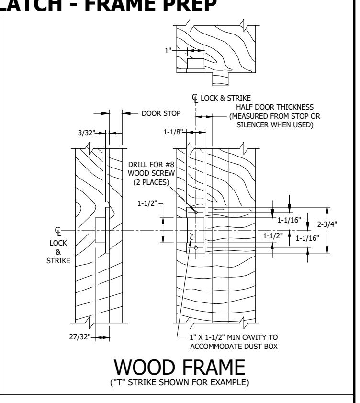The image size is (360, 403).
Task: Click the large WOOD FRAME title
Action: point(180,368)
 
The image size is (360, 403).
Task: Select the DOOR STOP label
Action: point(161,113)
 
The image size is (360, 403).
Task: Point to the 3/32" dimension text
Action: point(86,133)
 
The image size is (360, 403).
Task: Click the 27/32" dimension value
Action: point(80,336)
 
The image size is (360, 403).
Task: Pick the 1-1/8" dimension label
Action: point(173,132)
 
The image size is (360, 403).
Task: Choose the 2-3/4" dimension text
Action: point(327,224)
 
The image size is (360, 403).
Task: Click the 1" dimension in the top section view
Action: point(168,50)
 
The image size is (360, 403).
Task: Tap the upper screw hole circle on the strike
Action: point(196,213)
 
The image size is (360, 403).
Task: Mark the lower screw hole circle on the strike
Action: point(196,248)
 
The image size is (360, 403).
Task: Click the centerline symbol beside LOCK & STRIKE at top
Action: point(195,98)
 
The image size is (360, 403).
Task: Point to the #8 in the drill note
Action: point(169,165)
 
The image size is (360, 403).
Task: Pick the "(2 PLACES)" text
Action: point(151,182)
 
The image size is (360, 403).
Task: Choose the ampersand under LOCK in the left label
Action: point(58,252)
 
